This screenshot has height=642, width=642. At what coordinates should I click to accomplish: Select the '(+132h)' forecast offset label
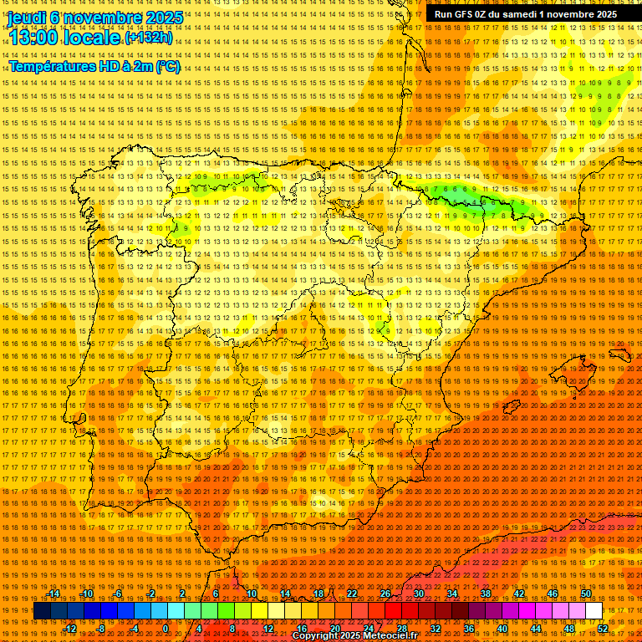point(148,38)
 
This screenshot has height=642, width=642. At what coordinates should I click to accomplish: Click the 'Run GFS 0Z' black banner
point(526,14)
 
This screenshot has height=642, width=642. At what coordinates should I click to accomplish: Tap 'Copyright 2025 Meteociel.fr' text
point(354,636)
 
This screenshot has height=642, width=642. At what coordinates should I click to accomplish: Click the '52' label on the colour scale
point(603,628)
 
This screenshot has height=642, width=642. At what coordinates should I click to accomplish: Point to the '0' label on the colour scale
point(166,628)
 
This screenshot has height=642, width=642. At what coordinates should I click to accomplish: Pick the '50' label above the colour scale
point(586,594)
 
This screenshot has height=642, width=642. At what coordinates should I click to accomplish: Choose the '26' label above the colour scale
point(385,594)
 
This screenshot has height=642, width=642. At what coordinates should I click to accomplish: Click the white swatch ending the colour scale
point(594,611)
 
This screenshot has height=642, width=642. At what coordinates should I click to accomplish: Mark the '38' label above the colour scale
point(486,594)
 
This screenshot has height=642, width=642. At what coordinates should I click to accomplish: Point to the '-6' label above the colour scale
point(119,594)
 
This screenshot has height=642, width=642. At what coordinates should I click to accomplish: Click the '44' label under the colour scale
point(536,628)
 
